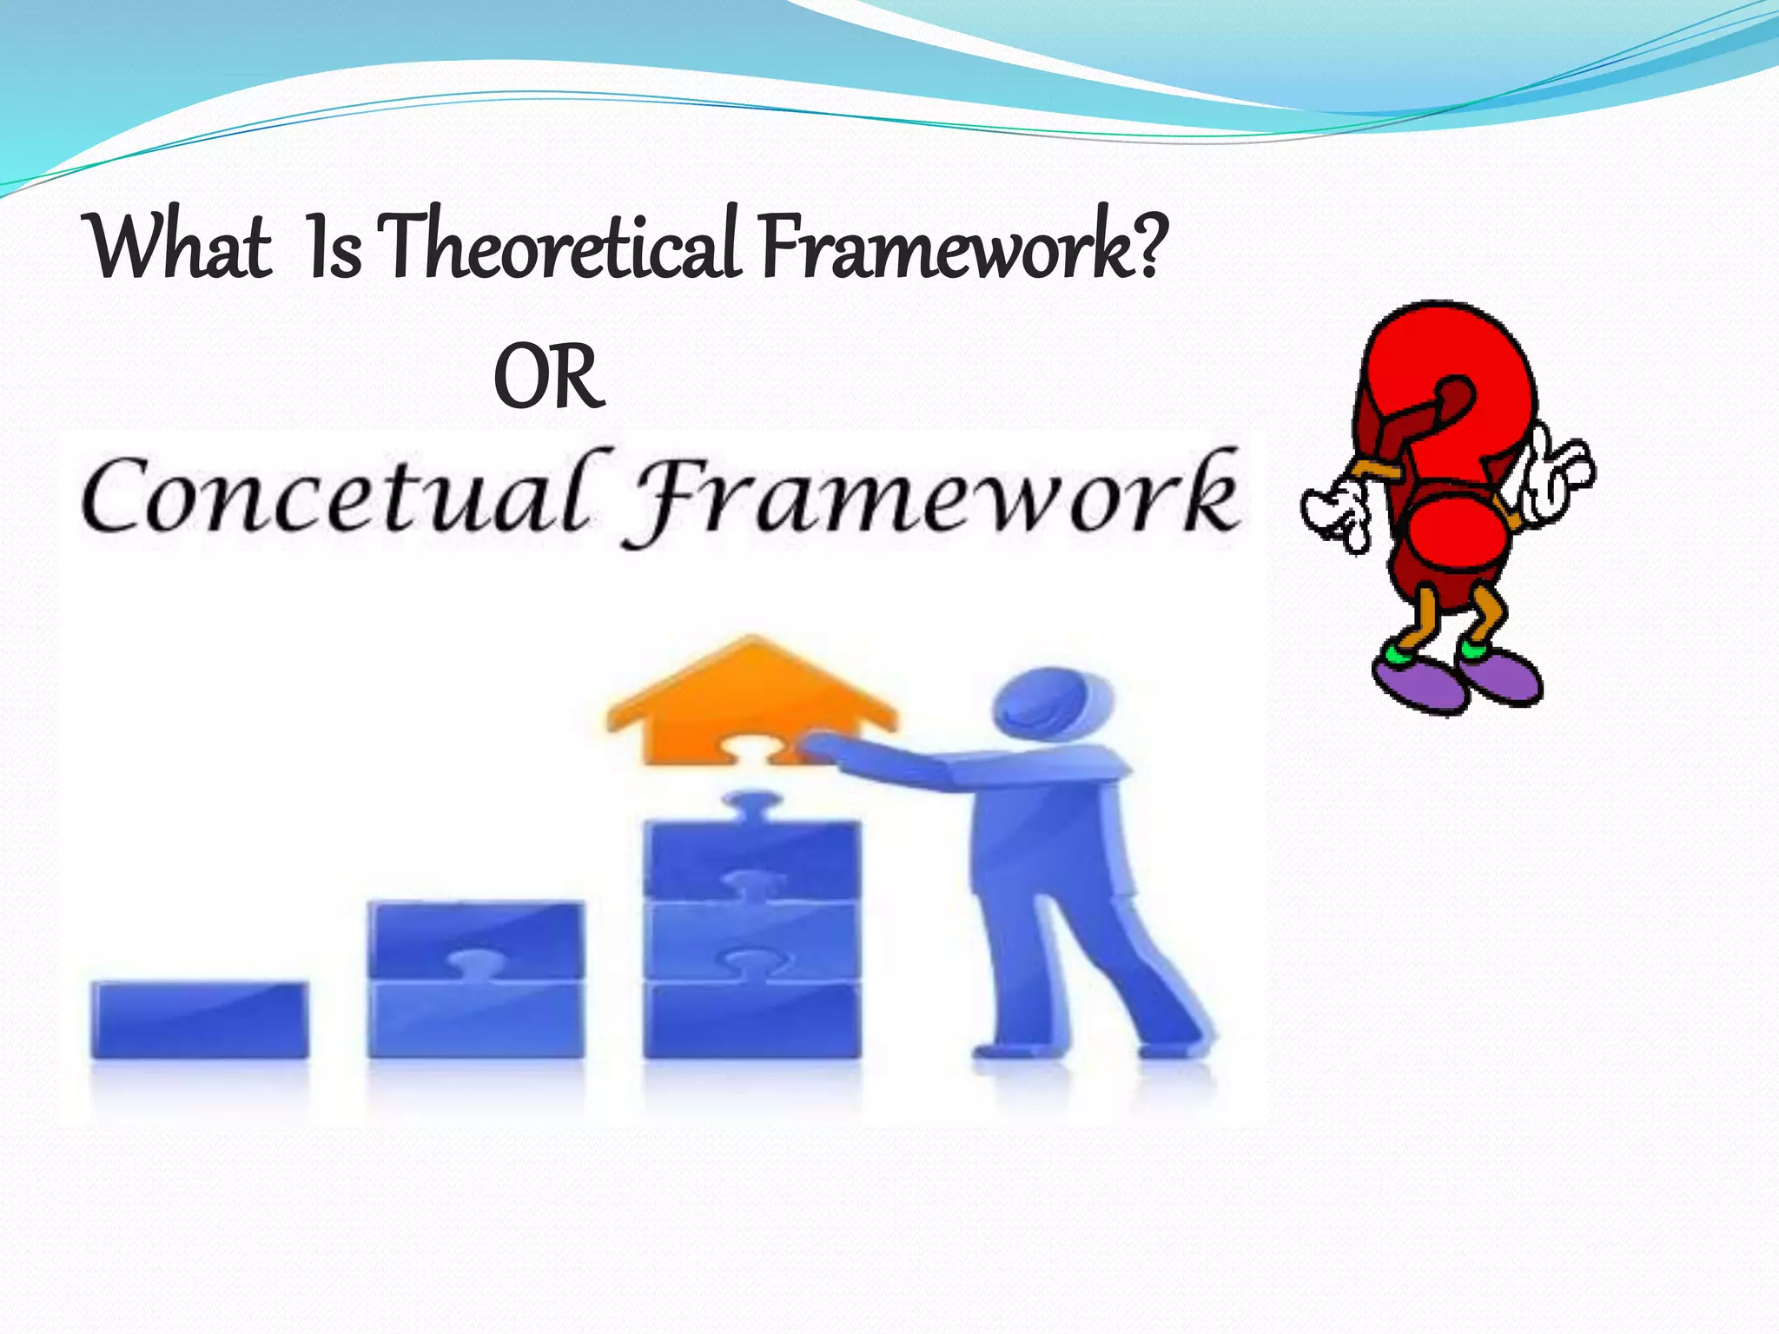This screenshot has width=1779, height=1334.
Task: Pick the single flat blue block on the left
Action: point(200,1020)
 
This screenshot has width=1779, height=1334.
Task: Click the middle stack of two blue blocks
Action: point(476,980)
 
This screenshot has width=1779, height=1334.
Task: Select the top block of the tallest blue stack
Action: point(751,855)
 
